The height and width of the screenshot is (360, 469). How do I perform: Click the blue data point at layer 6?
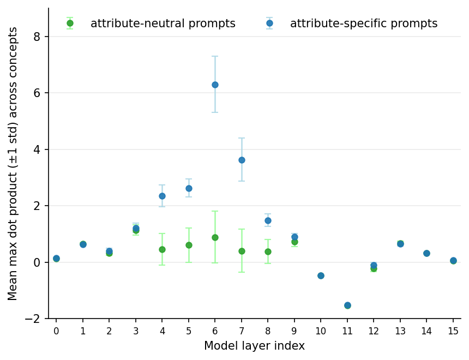(x=215, y=85)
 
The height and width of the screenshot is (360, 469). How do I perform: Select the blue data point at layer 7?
(x=242, y=160)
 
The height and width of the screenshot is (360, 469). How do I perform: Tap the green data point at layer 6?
(x=215, y=238)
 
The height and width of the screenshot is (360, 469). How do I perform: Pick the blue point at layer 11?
(x=347, y=305)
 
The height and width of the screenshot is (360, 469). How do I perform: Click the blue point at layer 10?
(x=321, y=275)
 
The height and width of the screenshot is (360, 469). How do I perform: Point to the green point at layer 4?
(x=162, y=250)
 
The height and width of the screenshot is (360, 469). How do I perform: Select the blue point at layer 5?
(x=189, y=189)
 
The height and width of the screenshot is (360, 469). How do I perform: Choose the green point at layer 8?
(x=268, y=251)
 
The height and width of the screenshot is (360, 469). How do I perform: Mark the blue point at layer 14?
(x=427, y=254)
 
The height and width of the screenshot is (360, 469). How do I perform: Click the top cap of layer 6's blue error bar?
(x=215, y=56)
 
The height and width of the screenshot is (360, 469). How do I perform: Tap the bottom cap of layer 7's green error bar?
(x=242, y=272)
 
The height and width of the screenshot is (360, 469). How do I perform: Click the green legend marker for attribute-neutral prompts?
(x=70, y=23)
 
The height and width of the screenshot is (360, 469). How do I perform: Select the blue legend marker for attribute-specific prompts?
(x=269, y=23)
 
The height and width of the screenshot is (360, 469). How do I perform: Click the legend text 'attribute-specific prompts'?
(x=364, y=23)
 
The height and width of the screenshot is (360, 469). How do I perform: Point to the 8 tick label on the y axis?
(x=37, y=37)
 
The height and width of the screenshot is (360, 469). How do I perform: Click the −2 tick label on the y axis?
(x=33, y=319)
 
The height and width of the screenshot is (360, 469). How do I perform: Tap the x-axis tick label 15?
(x=453, y=331)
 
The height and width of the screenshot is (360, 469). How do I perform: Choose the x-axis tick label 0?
(x=56, y=331)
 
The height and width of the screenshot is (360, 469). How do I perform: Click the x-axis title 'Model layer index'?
(x=254, y=346)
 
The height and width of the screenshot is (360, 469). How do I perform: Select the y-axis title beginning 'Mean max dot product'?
(x=12, y=164)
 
